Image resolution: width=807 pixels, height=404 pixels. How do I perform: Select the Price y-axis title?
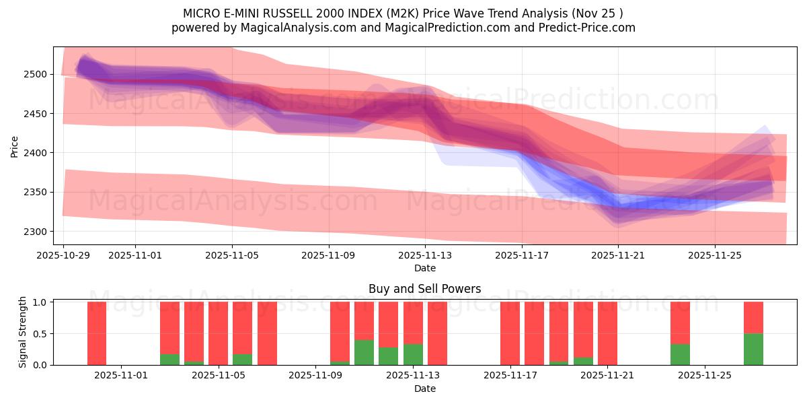(15, 145)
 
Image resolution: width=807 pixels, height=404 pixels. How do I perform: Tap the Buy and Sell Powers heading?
(424, 289)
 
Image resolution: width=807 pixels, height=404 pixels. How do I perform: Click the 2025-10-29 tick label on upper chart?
(63, 256)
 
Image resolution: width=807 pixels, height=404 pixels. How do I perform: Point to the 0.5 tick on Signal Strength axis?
(40, 333)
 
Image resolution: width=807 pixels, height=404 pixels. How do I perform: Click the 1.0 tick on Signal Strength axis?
(40, 302)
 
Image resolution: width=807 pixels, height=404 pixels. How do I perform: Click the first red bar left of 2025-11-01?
(97, 333)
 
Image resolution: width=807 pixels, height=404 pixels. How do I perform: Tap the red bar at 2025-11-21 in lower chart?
(607, 333)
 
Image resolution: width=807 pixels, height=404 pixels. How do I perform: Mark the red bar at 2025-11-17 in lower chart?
(510, 333)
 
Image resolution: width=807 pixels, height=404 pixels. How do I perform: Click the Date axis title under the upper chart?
(424, 268)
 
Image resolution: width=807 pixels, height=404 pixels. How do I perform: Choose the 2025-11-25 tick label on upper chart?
(715, 256)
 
